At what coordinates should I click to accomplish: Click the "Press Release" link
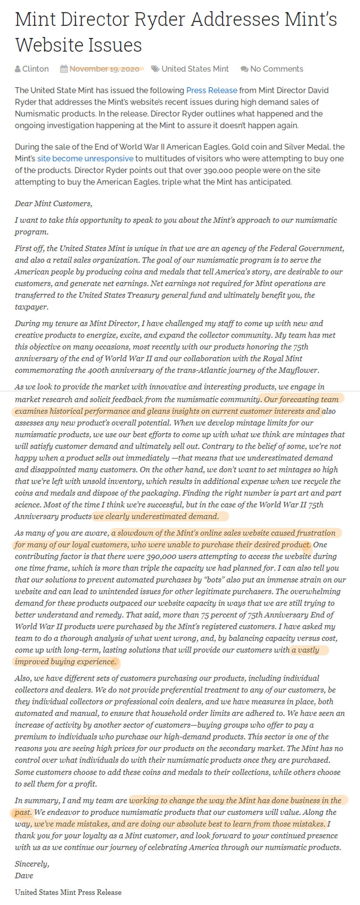coord(212,90)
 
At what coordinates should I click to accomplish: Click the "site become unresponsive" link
coord(85,158)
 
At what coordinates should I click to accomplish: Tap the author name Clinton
coord(35,69)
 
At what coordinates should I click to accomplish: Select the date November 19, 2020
coord(104,69)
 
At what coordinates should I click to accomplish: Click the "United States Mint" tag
coord(195,69)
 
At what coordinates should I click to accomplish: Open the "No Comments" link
coord(277,69)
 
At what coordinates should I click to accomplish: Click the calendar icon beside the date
coord(64,69)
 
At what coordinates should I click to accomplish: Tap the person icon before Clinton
coord(18,69)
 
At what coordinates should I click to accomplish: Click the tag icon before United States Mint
coord(155,69)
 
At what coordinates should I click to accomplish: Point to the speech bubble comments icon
coord(244,69)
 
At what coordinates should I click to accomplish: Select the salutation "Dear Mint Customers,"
coord(54,204)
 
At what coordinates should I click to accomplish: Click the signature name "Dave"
coord(24,875)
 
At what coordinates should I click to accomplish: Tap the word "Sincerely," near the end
coord(32,864)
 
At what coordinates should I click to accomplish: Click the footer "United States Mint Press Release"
coord(68,892)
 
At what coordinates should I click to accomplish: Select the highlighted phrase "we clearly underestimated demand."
coord(156,516)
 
